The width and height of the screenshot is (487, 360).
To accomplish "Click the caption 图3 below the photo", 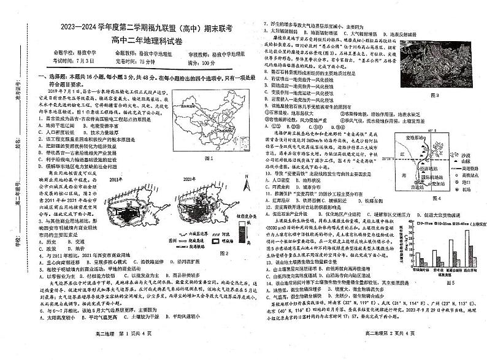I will tap(435, 96).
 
